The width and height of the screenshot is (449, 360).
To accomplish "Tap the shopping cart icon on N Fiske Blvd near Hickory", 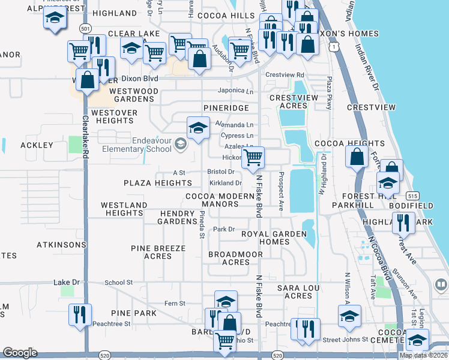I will (253, 158).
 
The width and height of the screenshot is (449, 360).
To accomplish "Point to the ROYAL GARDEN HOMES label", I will (274, 238).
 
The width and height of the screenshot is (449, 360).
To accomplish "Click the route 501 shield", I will (86, 28).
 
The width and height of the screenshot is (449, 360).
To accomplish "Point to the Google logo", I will (20, 353).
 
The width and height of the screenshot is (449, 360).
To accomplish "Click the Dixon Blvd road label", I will (139, 79).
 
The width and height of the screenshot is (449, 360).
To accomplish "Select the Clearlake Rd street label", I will (85, 137).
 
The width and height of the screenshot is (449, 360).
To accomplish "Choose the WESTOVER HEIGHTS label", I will (114, 116).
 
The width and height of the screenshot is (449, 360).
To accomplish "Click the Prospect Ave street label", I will (281, 191).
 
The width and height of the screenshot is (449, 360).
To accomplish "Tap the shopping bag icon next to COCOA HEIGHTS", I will (357, 158).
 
